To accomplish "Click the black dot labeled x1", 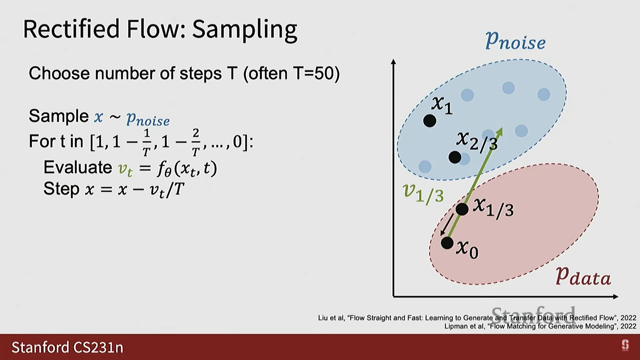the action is pos(430,121).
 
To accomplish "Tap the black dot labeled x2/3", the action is pos(455,157).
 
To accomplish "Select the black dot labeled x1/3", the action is pos(462,209).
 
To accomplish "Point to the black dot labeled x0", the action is pos(447,243).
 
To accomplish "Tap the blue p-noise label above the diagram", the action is pos(515,41).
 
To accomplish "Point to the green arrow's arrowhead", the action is pos(499,131).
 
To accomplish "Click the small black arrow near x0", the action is pos(447,224).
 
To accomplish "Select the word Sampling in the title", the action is pos(244,30).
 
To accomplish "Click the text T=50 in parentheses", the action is pos(316,73).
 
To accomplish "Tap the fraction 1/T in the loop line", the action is pos(147,142).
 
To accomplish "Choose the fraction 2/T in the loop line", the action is pos(196,142).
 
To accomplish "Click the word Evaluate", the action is pos(78,167).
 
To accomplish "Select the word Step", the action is pos(61,189).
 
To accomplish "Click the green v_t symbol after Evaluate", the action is pos(125,169).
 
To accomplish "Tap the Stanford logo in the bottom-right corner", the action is pos(625,345).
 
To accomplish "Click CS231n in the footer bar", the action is pos(98,347).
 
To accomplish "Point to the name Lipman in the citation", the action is pos(456,326).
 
